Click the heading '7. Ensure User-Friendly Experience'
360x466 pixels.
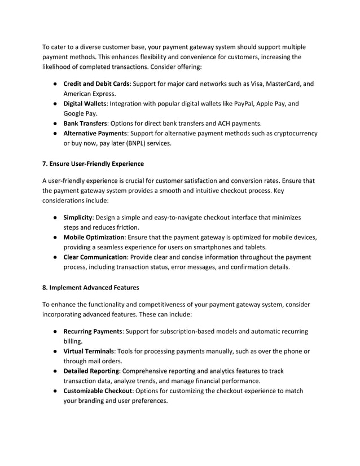[93, 164]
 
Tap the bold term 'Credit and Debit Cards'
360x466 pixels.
[96, 84]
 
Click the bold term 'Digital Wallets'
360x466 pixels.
[85, 104]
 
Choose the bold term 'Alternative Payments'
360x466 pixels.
[95, 134]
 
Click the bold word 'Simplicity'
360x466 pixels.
[78, 217]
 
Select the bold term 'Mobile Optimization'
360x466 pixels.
[94, 237]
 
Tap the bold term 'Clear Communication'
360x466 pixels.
[95, 257]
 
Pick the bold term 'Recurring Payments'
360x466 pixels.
[93, 331]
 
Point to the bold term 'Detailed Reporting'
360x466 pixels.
[91, 371]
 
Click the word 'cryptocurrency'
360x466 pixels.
[294, 134]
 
